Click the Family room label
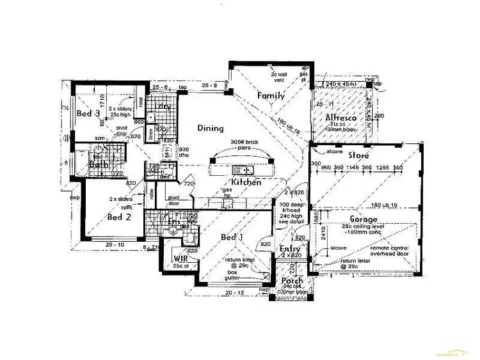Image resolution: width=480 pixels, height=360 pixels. pyautogui.click(x=271, y=96)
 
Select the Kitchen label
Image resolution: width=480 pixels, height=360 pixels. pyautogui.click(x=245, y=182)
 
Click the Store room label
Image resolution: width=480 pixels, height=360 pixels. pyautogui.click(x=360, y=155)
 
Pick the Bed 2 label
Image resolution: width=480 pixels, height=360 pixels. pyautogui.click(x=120, y=217)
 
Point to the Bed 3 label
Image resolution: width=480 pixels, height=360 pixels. pyautogui.click(x=88, y=113)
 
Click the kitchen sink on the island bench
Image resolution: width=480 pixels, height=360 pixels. pyautogui.click(x=243, y=169)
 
